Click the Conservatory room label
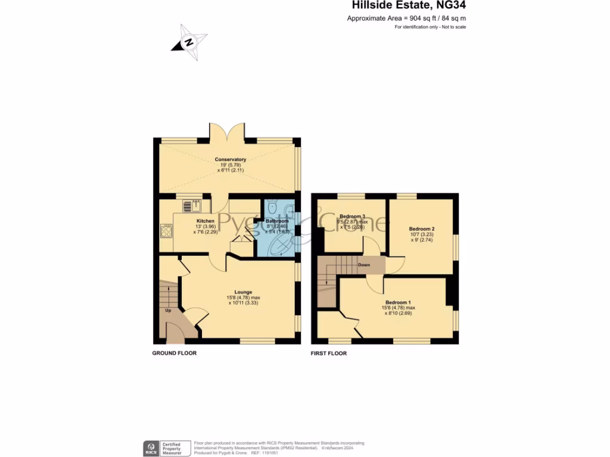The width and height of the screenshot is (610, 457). (231, 159)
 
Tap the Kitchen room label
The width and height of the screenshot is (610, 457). (206, 221)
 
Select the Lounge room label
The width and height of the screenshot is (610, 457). (242, 292)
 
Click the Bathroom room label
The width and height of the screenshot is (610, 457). (277, 221)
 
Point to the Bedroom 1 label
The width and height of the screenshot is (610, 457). (398, 302)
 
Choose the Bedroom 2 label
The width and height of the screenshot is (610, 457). (422, 229)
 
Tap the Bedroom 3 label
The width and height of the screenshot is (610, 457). (352, 216)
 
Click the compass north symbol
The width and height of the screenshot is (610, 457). (189, 42)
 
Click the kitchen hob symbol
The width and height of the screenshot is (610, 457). (166, 230)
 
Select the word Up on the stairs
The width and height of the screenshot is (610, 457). (168, 310)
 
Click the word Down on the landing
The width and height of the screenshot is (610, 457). (364, 265)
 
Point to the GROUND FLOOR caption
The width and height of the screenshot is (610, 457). (175, 353)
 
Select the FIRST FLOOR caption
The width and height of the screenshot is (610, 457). (328, 353)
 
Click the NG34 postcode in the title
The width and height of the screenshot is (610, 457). (450, 6)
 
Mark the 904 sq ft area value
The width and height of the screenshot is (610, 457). (419, 19)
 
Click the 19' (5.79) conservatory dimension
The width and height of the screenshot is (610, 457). (231, 165)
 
